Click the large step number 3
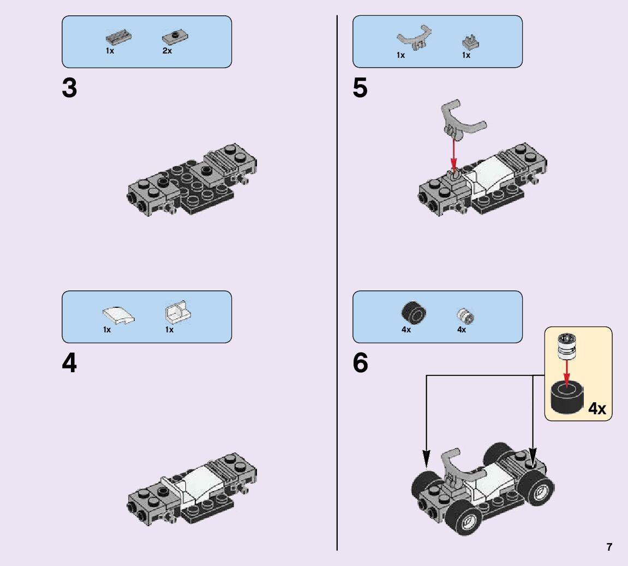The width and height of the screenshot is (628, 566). point(69,88)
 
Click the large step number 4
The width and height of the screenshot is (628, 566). point(69,364)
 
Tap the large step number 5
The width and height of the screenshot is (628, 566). point(360,88)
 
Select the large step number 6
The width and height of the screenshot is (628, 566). point(360,364)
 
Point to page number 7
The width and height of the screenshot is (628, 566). point(609,547)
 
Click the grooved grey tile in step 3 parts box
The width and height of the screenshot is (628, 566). point(117,38)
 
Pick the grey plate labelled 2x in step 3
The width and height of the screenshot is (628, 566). point(175,38)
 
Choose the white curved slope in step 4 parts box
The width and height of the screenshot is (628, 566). point(118,315)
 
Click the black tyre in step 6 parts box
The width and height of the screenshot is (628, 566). point(414,313)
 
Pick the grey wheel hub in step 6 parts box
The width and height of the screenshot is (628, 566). point(465,315)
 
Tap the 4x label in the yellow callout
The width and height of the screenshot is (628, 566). point(597,408)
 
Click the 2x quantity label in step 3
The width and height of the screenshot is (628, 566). point(167,51)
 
